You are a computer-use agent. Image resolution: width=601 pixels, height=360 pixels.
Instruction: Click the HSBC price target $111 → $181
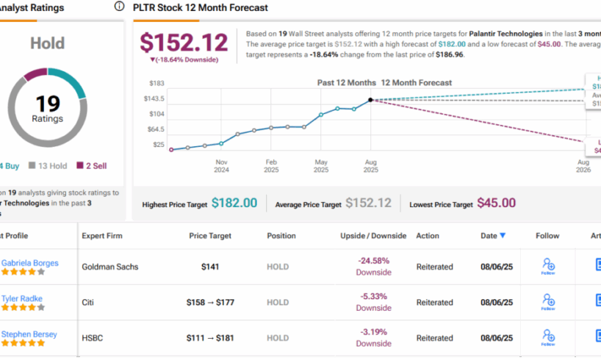point(210,337)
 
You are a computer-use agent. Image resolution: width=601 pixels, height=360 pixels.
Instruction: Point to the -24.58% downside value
point(373,261)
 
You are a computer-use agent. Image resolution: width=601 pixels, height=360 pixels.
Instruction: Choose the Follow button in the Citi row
point(547,301)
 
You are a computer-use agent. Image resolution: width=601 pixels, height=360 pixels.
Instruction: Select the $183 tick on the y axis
point(156,83)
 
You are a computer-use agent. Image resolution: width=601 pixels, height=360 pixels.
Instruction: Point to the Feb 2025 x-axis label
point(271,165)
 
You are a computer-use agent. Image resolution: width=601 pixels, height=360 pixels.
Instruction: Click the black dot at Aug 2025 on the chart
point(370,99)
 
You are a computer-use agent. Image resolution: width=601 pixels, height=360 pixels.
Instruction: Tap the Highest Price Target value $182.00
point(234,203)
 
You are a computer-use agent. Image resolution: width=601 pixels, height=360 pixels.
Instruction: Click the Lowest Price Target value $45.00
point(496,203)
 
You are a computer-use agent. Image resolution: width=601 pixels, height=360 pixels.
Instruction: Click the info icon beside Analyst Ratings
point(119,7)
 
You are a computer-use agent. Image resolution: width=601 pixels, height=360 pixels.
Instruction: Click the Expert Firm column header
point(102,236)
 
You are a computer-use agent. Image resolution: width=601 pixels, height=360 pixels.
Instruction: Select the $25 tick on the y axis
point(158,144)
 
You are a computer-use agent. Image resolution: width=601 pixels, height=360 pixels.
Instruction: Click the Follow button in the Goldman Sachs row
point(547,266)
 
